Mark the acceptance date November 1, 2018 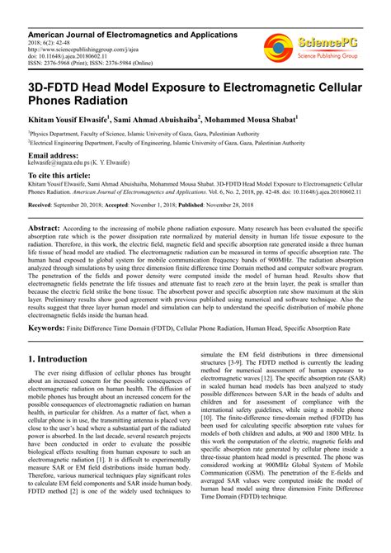[x=155, y=203]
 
